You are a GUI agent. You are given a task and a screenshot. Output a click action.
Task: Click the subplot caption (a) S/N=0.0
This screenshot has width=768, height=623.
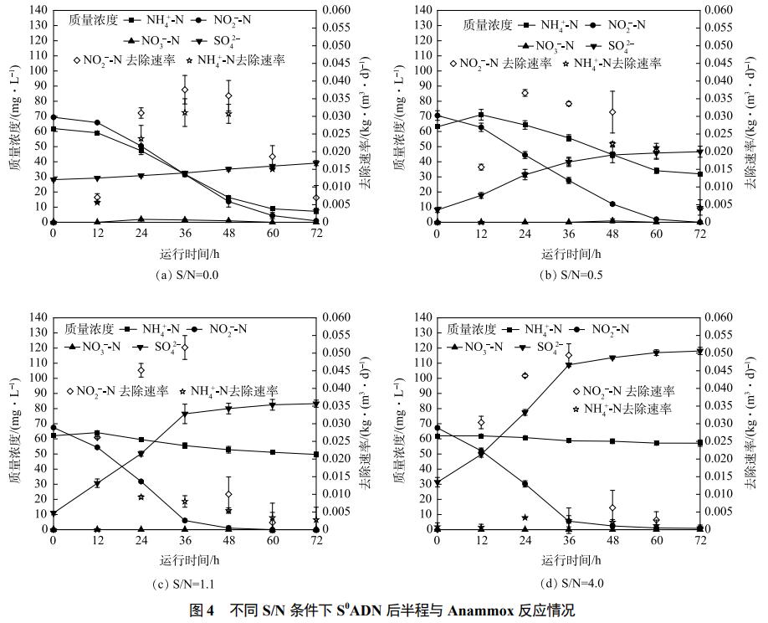(187, 274)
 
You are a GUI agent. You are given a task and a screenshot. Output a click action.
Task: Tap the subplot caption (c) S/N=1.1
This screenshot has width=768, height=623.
(187, 583)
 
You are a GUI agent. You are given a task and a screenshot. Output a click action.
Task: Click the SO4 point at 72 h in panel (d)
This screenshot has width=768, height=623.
(700, 351)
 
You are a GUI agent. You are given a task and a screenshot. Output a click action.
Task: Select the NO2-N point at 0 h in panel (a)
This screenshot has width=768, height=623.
(54, 117)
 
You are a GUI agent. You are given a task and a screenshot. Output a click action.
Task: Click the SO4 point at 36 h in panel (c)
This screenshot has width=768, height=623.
(185, 414)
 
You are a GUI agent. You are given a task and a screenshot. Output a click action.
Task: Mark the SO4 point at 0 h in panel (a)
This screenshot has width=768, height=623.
(54, 179)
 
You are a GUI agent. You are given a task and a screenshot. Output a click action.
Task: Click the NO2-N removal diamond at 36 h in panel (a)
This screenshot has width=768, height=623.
(185, 90)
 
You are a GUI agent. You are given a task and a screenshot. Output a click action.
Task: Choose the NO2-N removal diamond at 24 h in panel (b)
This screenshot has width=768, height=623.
(525, 93)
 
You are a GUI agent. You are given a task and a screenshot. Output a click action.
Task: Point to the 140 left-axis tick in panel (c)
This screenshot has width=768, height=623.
(38, 317)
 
